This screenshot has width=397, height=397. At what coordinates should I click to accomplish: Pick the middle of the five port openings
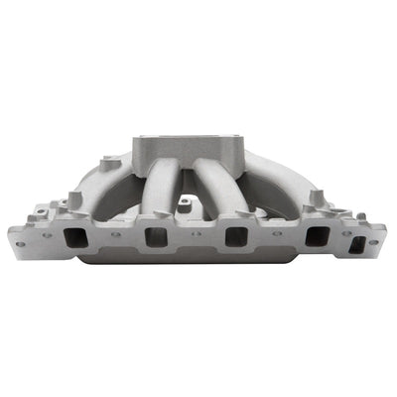pos(236,238)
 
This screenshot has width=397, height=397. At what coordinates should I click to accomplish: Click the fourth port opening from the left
pos(316,238)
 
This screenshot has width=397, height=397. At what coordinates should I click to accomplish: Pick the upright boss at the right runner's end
pos(317,197)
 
